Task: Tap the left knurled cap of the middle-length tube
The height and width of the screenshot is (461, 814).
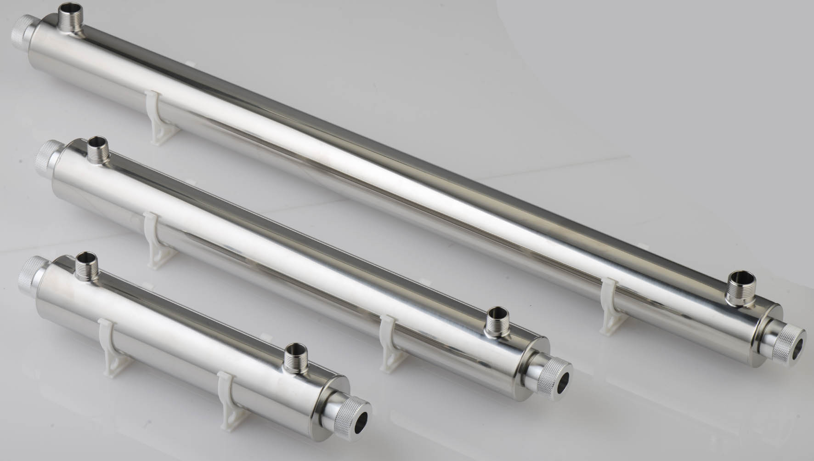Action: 46,156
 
